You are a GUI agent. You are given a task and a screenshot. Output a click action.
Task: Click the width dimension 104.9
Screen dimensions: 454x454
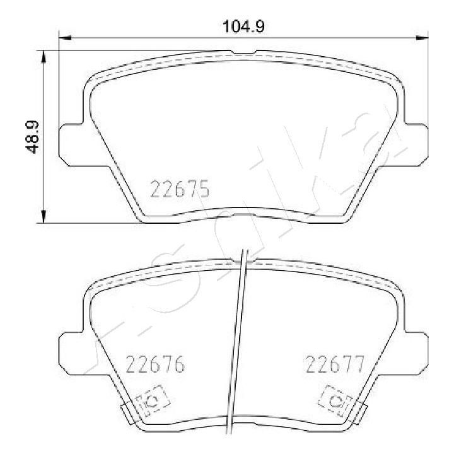coord(243,26)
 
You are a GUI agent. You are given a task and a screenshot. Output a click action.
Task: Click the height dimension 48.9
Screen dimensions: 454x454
coord(32,137)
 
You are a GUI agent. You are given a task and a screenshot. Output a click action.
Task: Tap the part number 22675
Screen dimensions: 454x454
coord(180,189)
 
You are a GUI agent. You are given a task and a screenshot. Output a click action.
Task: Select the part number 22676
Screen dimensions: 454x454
coord(155,364)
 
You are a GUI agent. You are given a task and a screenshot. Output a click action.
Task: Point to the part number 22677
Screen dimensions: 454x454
coord(335,364)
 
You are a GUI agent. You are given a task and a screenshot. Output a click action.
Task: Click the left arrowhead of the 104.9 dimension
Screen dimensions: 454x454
coord(65,37)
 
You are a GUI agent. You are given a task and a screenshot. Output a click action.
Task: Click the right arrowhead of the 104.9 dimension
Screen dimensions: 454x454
coord(422,37)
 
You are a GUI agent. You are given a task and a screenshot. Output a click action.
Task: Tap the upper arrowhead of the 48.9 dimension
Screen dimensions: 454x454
coord(44,57)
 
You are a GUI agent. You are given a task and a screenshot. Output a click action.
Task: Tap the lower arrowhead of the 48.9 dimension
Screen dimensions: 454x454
coord(44,217)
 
